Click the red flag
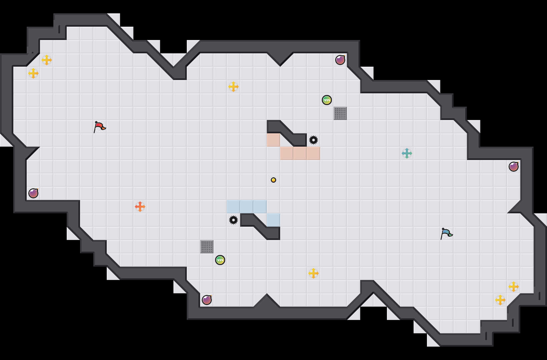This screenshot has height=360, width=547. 99,127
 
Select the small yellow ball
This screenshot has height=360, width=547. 273,180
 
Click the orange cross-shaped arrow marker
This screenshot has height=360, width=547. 140,207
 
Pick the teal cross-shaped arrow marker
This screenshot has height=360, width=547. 407,153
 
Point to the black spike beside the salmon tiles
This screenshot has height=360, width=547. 314,140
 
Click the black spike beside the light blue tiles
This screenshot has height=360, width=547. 233,220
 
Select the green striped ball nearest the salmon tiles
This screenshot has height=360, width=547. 327,100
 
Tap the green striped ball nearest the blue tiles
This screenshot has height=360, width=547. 220,260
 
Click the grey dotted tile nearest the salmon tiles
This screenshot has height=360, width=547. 340,113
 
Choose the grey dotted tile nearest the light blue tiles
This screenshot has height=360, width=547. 207,247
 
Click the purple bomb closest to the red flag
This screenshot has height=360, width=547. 33,193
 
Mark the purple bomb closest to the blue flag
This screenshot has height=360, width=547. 514,167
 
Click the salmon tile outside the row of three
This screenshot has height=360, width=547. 273,140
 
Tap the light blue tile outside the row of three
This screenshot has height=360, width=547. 273,220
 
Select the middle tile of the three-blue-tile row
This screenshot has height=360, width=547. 247,207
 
